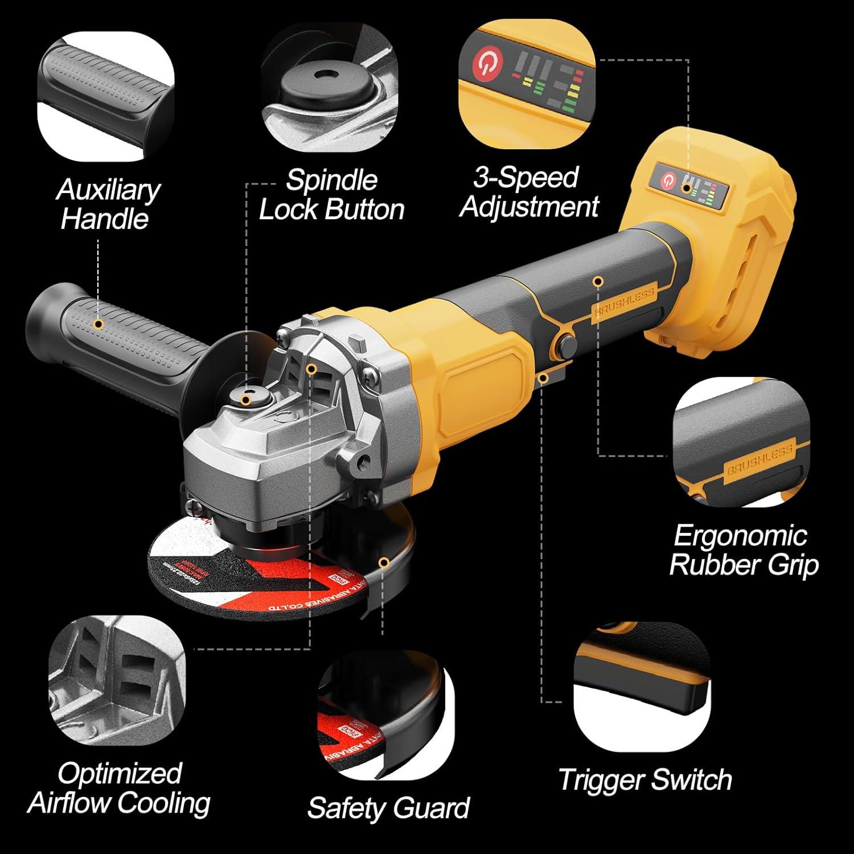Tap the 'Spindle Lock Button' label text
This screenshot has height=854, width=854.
tap(331, 195)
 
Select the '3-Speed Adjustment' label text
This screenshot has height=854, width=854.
tap(529, 192)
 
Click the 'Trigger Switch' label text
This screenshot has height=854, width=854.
tap(644, 779)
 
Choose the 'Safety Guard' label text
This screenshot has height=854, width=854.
tap(388, 807)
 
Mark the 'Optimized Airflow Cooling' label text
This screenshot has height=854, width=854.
tap(119, 788)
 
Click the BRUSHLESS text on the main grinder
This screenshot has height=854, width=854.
tap(625, 301)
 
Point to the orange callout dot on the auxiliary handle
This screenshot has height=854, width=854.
tap(98, 325)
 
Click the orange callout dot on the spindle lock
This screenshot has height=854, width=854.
tap(245, 400)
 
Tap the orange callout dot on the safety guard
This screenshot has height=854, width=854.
tap(384, 563)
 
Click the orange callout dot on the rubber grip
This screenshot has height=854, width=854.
tap(597, 281)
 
